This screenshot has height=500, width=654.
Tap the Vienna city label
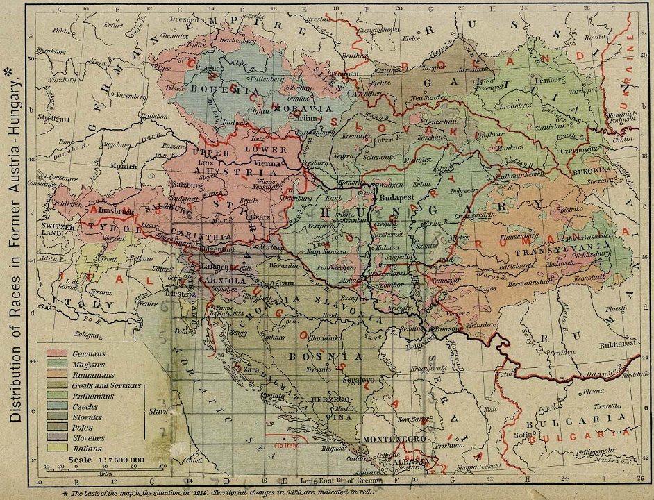[x=268, y=161]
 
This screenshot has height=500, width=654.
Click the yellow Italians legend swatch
[x=57, y=448]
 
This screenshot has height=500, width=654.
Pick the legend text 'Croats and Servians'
[x=106, y=385]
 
